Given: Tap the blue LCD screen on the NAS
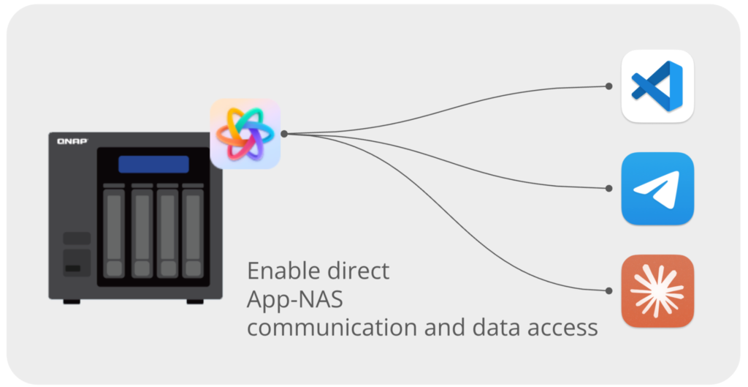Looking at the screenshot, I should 153,164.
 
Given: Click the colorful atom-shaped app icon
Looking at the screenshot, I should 245,134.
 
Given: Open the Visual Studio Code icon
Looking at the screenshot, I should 657,86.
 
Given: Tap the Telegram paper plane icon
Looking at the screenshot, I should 657,188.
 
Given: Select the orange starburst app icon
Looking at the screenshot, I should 657,290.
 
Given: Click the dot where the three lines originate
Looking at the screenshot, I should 283,134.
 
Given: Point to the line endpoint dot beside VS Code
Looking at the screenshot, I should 608,86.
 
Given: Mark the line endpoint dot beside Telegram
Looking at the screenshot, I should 608,188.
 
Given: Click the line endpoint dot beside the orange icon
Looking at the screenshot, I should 608,290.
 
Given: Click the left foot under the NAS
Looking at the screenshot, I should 72,301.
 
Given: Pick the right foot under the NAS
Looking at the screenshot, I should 195,301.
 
